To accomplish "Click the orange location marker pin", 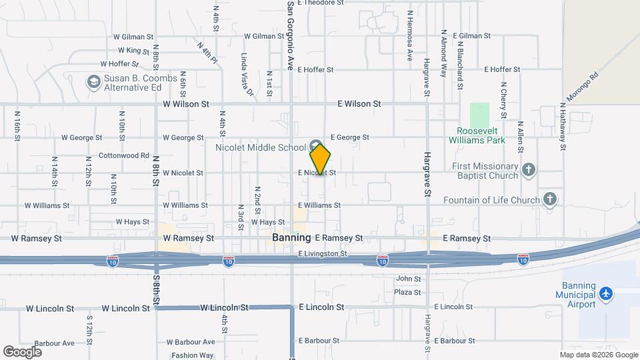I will [x=320, y=159].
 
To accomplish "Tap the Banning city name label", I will [x=291, y=237].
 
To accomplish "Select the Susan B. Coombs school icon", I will [x=93, y=82].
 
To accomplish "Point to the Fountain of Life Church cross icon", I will [x=549, y=199].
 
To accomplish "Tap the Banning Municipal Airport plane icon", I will [x=605, y=294].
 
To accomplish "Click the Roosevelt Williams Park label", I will [x=481, y=135].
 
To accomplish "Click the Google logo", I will [x=22, y=351].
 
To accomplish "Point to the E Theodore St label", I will [x=321, y=3].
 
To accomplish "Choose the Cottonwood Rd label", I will [x=124, y=155].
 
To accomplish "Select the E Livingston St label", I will [x=323, y=253].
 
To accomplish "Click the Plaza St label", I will [x=407, y=292].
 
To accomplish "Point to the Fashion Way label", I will [x=192, y=355].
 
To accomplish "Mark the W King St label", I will [x=134, y=51].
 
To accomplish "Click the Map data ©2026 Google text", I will [x=598, y=355].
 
